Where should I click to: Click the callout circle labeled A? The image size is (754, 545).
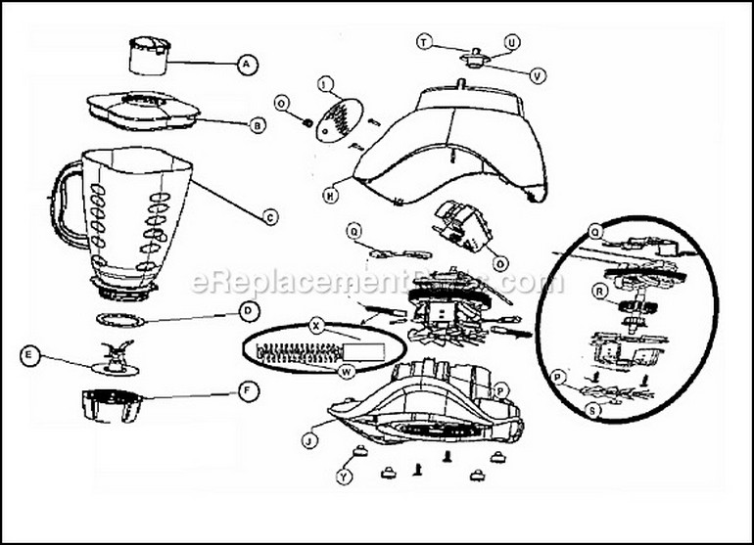(247, 65)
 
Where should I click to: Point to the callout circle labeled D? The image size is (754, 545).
(250, 311)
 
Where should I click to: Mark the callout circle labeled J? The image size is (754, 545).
(308, 441)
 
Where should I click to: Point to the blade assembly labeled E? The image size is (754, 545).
(116, 361)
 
